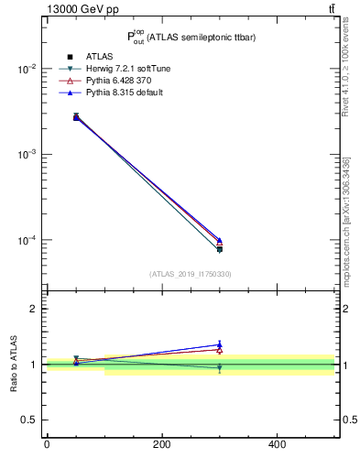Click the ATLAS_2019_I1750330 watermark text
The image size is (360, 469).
coord(190,274)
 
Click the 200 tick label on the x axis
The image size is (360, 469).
coord(161,444)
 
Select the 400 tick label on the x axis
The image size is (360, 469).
coord(277,444)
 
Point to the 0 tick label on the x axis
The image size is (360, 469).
coord(47,444)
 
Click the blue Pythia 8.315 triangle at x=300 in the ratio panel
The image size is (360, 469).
coord(219,345)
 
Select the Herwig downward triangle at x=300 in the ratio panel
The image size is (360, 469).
coord(219,367)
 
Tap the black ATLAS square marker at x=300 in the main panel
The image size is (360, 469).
coord(219,249)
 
